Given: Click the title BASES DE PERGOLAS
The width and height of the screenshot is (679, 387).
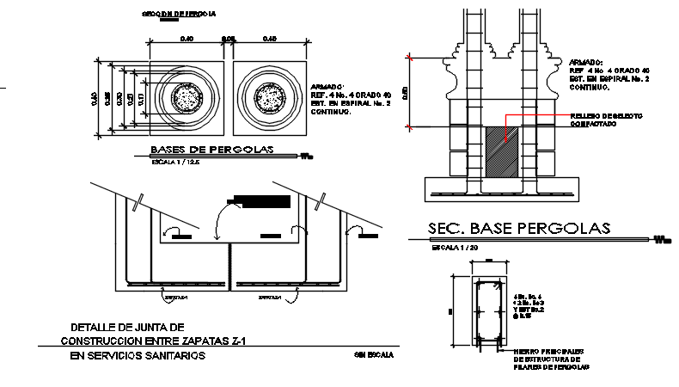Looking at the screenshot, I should pyautogui.click(x=211, y=150).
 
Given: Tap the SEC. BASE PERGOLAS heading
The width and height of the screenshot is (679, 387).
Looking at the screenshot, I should pyautogui.click(x=518, y=228).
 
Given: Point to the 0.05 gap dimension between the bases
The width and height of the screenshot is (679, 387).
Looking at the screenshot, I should pyautogui.click(x=229, y=39).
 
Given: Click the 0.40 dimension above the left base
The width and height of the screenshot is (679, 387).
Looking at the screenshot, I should pyautogui.click(x=187, y=39).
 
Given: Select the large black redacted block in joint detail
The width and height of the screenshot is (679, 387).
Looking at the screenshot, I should pyautogui.click(x=263, y=201).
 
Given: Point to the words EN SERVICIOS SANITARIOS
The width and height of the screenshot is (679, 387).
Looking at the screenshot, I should pyautogui.click(x=138, y=355).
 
